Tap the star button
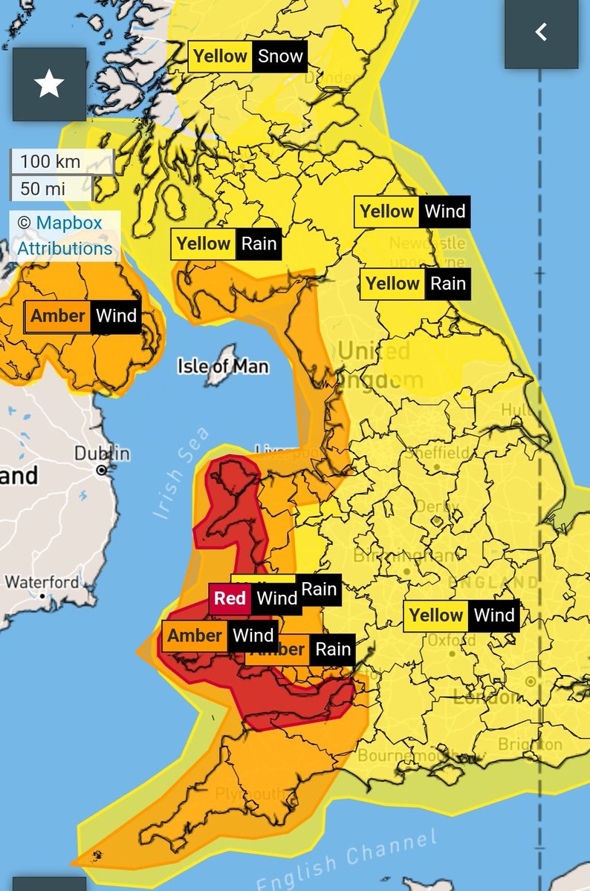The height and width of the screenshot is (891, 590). click(x=49, y=85)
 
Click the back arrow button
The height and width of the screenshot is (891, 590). click(x=541, y=32)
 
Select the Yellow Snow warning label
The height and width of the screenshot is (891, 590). click(x=247, y=56)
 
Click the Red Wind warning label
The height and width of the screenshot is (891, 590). click(x=256, y=598)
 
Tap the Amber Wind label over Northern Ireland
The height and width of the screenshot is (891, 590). click(x=83, y=316)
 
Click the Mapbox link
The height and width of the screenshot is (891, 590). click(x=69, y=223)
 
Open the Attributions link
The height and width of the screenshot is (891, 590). click(x=65, y=248)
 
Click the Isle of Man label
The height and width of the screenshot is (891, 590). click(x=223, y=366)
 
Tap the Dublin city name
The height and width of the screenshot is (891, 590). click(x=102, y=454)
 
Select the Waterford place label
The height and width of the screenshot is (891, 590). click(x=42, y=582)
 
